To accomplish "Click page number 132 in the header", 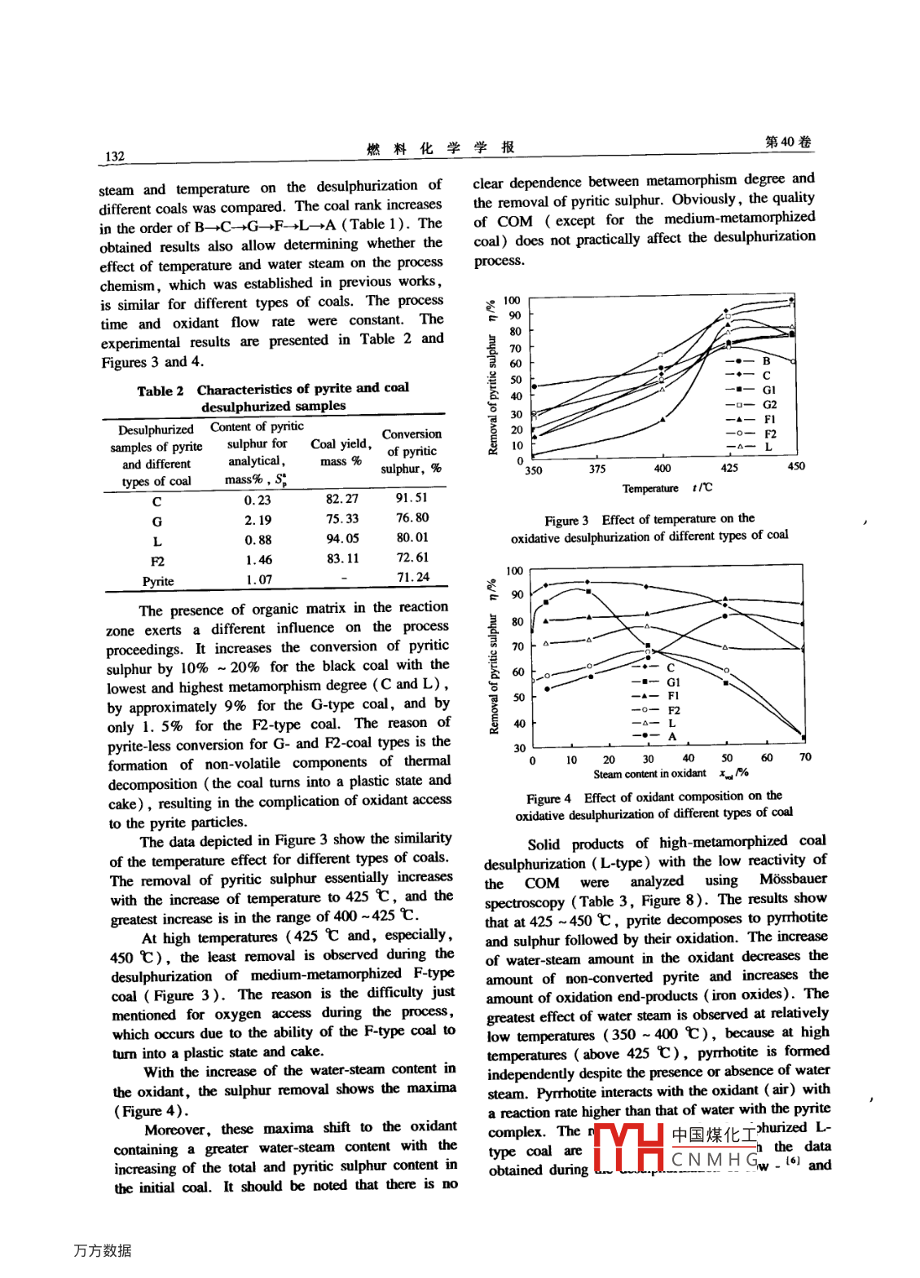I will click(115, 156).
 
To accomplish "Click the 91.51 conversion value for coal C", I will click(412, 497).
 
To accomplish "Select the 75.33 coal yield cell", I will click(342, 518).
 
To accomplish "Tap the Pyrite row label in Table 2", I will click(158, 581).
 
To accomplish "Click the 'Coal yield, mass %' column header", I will click(341, 452).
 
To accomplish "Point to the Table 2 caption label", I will click(160, 391).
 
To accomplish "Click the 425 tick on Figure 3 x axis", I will click(729, 468).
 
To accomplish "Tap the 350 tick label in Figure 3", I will click(533, 470).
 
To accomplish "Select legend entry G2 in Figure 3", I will click(769, 404).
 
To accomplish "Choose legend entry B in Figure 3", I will click(766, 360).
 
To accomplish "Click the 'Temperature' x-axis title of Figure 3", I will click(650, 489).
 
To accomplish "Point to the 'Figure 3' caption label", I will click(566, 521).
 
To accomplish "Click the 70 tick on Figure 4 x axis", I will click(805, 757).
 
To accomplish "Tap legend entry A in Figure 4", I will click(672, 736).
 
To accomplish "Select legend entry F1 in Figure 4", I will click(673, 696).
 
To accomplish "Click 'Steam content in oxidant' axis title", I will click(649, 773).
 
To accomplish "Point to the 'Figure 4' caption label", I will click(548, 799).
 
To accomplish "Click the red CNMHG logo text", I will click(714, 1159).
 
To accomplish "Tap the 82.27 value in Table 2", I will click(342, 499).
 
